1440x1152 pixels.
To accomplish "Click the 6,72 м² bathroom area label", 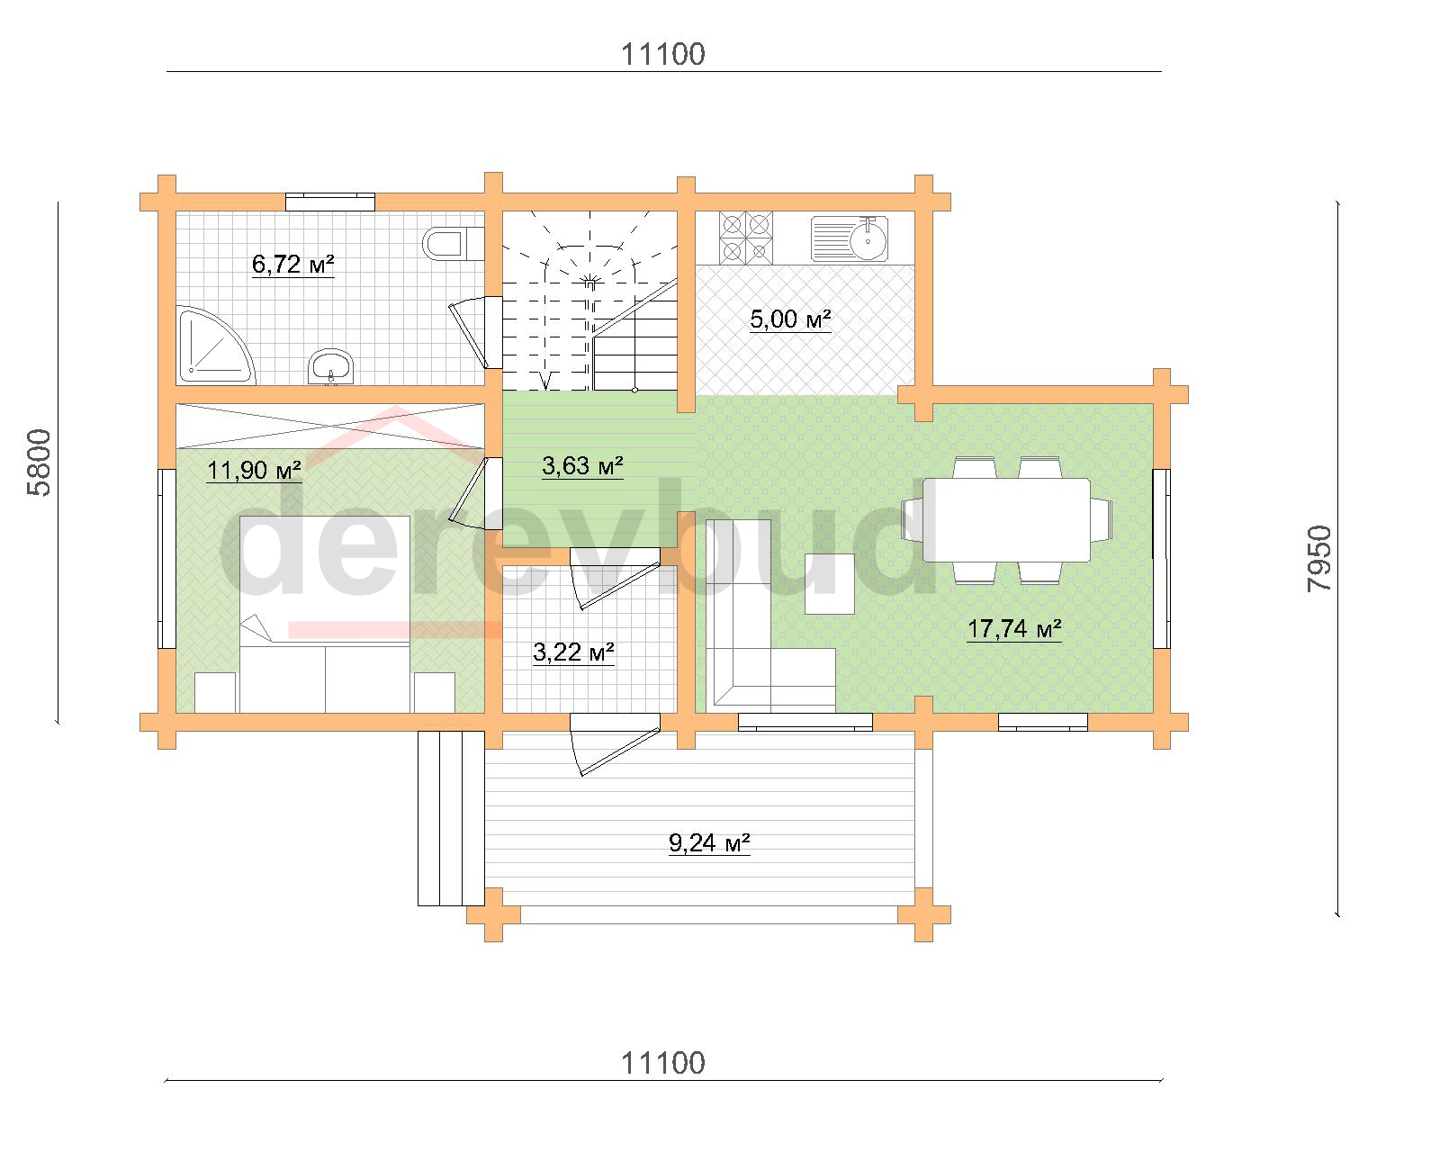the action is coord(292,265).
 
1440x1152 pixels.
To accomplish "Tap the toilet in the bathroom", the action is coord(453,243).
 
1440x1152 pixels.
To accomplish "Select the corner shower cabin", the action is coord(215,345).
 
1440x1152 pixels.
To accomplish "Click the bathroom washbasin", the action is coord(330,366).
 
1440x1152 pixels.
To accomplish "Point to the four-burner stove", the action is coord(745,237).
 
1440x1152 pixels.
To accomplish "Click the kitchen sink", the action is coord(849,238).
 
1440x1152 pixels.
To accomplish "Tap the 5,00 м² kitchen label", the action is coord(790,319).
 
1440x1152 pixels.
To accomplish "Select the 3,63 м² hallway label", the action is coord(582,466).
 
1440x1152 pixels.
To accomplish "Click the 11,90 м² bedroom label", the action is coord(254,471).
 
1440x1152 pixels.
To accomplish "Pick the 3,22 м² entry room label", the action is coord(573,652).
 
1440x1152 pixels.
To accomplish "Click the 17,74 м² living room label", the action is coord(1014,629).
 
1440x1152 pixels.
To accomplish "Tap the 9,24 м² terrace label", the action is coord(709,843).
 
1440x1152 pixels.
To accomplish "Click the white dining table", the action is coord(1006,520).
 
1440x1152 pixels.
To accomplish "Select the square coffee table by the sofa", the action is coord(830,584).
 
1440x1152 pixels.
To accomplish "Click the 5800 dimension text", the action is coord(40,463).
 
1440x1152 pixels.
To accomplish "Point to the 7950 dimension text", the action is coord(1319,559).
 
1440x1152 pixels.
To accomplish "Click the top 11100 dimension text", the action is coord(662,55).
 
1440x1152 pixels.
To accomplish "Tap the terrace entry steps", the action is coord(451,819).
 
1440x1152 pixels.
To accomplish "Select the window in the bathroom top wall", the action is coord(330,202).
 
